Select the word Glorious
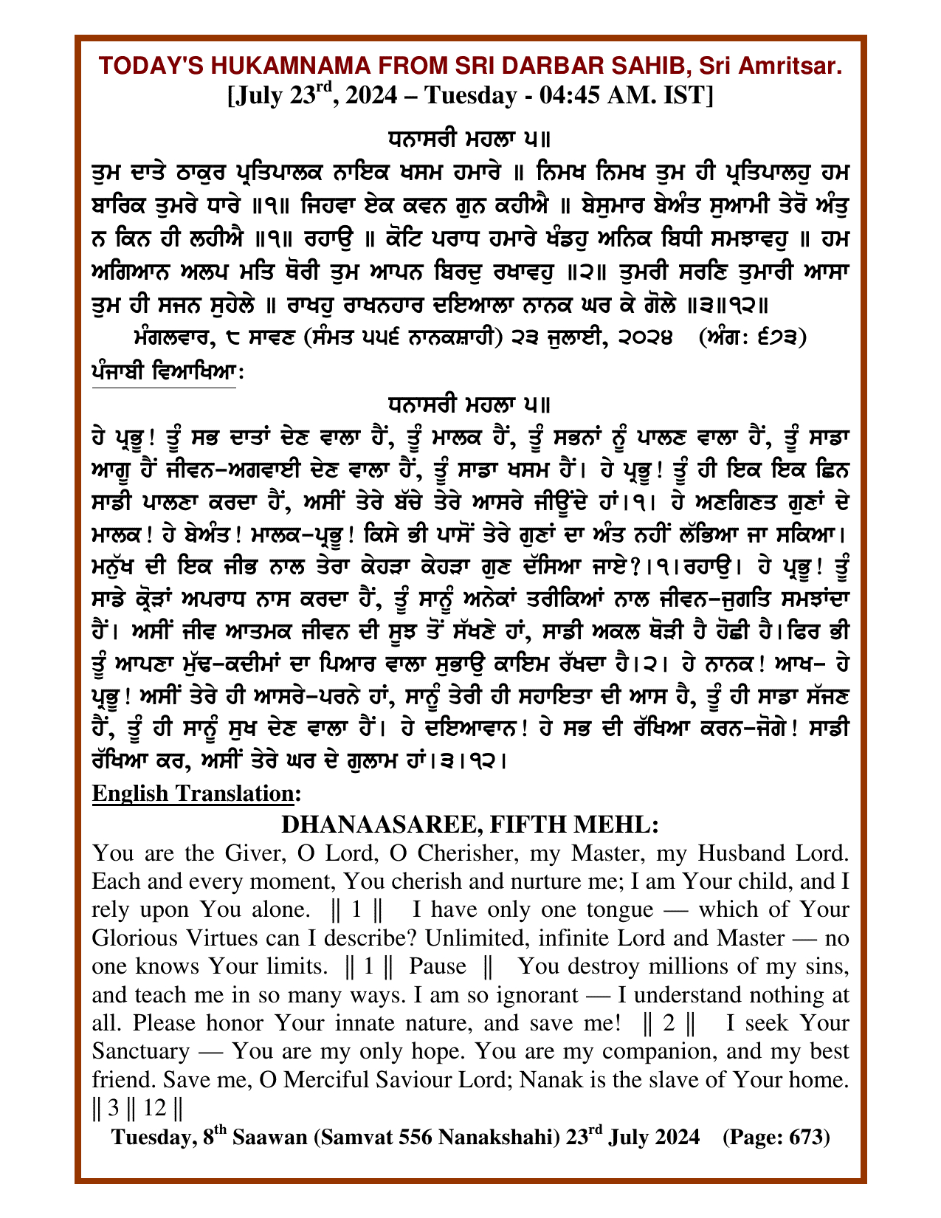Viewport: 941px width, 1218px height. pos(137,938)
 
